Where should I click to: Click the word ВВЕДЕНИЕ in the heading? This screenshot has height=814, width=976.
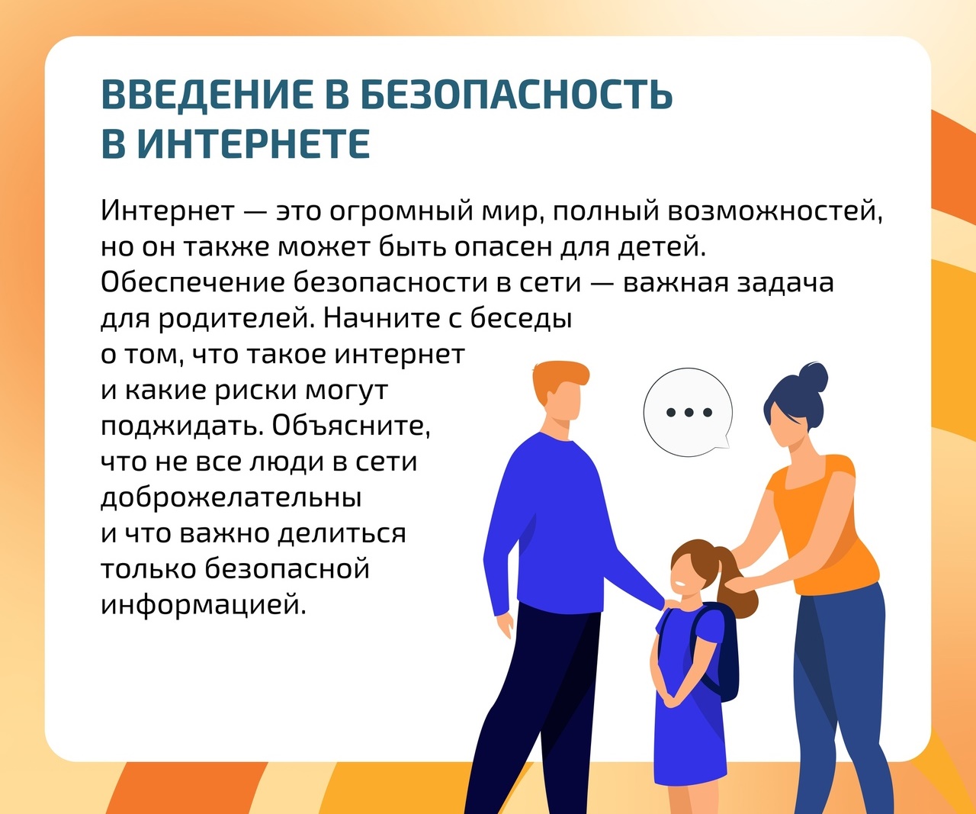pyautogui.click(x=206, y=95)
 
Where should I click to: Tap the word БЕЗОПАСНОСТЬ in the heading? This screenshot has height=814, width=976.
pyautogui.click(x=518, y=95)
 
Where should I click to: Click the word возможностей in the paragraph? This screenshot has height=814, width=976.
pyautogui.click(x=775, y=212)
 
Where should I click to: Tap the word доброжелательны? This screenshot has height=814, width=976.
pyautogui.click(x=231, y=497)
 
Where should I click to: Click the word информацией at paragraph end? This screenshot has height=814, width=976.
pyautogui.click(x=204, y=604)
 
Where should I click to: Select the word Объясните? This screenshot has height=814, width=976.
pyautogui.click(x=351, y=426)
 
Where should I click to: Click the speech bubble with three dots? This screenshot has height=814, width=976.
pyautogui.click(x=688, y=412)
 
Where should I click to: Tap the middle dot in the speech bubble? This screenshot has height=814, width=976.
pyautogui.click(x=689, y=412)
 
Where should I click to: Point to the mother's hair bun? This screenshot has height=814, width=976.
pyautogui.click(x=813, y=377)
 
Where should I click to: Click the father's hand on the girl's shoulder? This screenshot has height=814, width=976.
pyautogui.click(x=672, y=605)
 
